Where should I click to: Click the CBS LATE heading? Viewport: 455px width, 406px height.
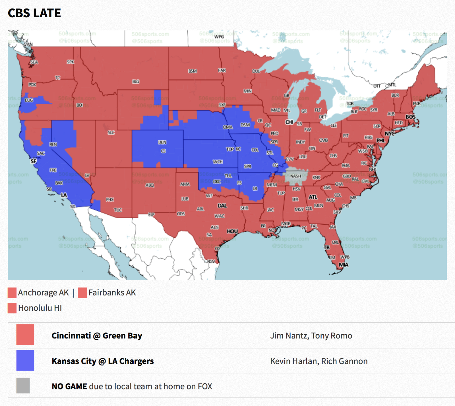[x=34, y=13]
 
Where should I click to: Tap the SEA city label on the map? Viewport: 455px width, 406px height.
[x=34, y=62]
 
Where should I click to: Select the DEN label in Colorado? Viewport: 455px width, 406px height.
[x=162, y=142]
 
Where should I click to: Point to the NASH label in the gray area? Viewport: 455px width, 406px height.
[x=295, y=176]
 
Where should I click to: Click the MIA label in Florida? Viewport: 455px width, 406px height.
[x=343, y=265]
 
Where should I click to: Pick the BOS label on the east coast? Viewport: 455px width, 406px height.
[x=410, y=117]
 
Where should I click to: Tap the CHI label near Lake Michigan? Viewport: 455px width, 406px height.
[x=289, y=122]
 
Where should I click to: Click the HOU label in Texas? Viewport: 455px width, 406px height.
[x=232, y=231]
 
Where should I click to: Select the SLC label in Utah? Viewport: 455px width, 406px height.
[x=111, y=132]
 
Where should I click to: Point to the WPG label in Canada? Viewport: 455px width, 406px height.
[x=219, y=37]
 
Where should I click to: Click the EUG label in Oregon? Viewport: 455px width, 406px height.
[x=29, y=100]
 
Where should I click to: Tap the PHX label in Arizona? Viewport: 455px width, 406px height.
[x=110, y=200]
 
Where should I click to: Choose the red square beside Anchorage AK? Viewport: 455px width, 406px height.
[x=12, y=293]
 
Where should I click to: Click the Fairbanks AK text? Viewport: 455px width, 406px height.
[x=112, y=293]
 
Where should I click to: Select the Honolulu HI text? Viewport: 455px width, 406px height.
[x=40, y=308]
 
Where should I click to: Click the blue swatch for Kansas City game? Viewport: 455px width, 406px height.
[x=25, y=360]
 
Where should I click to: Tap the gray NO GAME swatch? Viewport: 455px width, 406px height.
[x=23, y=386]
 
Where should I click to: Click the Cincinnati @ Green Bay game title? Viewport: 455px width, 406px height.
[x=97, y=335]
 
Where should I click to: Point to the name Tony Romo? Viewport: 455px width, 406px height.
[x=332, y=336]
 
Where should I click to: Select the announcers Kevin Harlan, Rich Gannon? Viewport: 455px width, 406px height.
[x=319, y=361]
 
